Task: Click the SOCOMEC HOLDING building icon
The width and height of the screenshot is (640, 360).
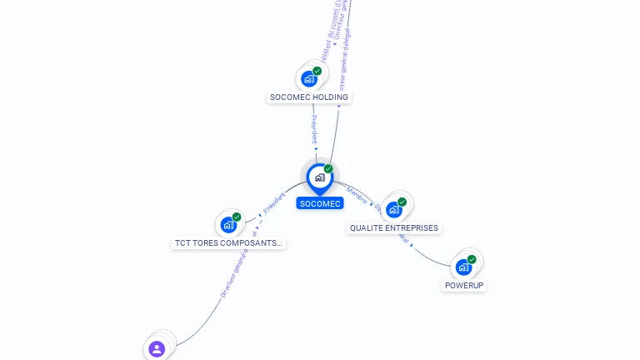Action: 309,79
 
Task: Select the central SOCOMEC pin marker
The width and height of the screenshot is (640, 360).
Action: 319,177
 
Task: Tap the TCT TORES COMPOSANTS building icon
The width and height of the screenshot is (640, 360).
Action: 228,225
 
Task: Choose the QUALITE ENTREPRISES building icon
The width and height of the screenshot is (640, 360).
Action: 393,209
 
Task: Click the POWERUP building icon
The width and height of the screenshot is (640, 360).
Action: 463,267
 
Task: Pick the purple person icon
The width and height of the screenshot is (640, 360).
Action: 157,348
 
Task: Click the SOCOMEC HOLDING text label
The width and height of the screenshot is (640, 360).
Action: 309,97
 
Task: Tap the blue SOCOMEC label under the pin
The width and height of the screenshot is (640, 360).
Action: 320,203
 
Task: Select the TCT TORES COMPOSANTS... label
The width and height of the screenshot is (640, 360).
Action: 228,243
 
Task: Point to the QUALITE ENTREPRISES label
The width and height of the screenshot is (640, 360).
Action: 393,227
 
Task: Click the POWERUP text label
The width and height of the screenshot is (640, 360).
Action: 464,285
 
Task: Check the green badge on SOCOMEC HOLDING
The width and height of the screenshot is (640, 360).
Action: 317,71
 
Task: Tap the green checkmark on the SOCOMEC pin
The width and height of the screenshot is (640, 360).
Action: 328,168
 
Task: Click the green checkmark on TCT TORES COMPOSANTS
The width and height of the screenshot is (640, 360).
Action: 237,217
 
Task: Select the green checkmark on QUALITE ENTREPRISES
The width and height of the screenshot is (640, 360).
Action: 402,202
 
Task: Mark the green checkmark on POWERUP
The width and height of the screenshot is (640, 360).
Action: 472,259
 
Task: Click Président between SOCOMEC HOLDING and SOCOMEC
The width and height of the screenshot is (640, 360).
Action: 314,128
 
